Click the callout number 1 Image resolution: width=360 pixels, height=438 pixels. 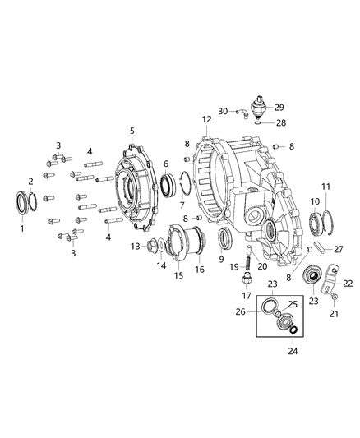pos(22,228)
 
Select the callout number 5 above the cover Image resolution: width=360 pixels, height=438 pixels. pos(132,131)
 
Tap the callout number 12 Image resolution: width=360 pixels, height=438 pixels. pos(206,120)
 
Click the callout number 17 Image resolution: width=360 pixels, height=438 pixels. pos(246,296)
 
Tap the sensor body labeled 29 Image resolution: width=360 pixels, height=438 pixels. pos(261,108)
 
